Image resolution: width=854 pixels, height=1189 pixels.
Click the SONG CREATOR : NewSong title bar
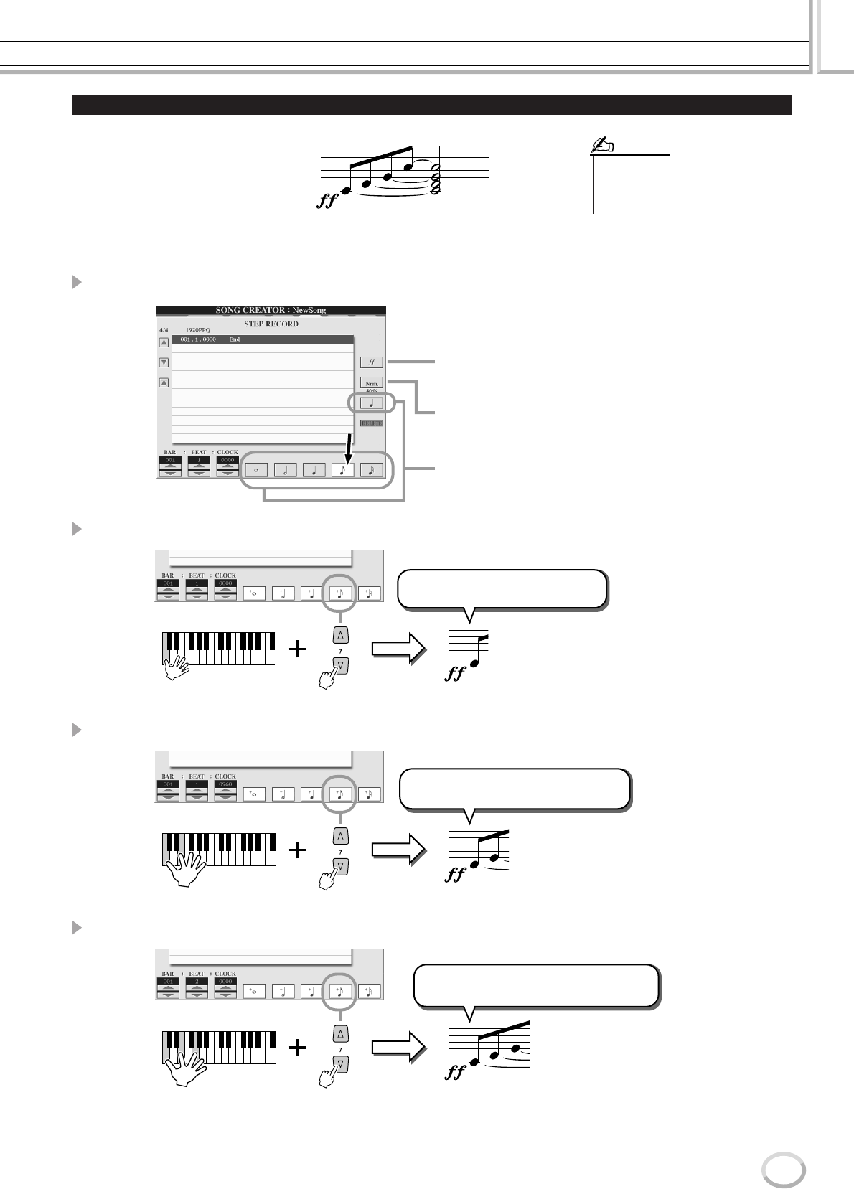pyautogui.click(x=271, y=310)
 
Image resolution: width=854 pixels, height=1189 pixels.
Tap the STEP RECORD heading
pyautogui.click(x=271, y=324)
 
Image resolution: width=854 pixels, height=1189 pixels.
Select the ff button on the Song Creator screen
pyautogui.click(x=372, y=363)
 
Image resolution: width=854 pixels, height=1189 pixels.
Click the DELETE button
pyautogui.click(x=372, y=423)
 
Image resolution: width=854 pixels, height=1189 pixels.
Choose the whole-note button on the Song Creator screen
pyautogui.click(x=256, y=470)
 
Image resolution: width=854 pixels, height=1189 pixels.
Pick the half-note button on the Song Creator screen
pyautogui.click(x=285, y=470)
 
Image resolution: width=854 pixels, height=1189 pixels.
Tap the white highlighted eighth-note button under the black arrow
pyautogui.click(x=342, y=470)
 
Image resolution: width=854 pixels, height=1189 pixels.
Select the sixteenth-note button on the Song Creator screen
pyautogui.click(x=371, y=470)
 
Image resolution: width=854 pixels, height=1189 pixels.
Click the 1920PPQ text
pyautogui.click(x=197, y=330)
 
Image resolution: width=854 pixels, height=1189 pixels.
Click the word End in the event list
pyautogui.click(x=234, y=339)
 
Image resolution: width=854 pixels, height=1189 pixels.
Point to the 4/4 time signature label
pyautogui.click(x=164, y=330)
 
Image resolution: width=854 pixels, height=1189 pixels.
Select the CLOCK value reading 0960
pyautogui.click(x=225, y=785)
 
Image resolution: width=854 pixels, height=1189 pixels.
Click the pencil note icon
pyautogui.click(x=599, y=147)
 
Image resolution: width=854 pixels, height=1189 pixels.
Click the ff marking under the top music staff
pyautogui.click(x=327, y=202)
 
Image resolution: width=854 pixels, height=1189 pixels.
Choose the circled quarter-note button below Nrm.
pyautogui.click(x=372, y=403)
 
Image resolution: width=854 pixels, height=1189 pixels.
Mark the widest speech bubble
pyautogui.click(x=537, y=987)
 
